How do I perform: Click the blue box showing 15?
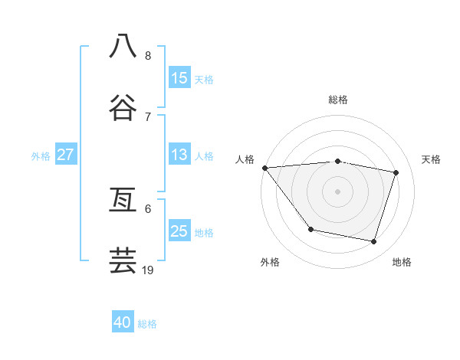point(179,78)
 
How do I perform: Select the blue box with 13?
point(179,155)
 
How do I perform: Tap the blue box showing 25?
point(179,231)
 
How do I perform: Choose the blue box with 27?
point(66,155)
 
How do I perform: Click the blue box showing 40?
point(123,322)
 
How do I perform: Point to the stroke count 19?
point(149,270)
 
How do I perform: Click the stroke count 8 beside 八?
point(148,55)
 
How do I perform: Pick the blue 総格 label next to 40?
point(147,324)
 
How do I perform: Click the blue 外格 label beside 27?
point(41,156)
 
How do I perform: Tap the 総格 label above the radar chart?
point(337,100)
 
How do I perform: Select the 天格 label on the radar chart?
point(432,159)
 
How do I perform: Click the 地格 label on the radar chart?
point(402,262)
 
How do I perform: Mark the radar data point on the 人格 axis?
point(264,168)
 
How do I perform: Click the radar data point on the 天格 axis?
point(396,172)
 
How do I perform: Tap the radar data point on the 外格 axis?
point(310,229)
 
